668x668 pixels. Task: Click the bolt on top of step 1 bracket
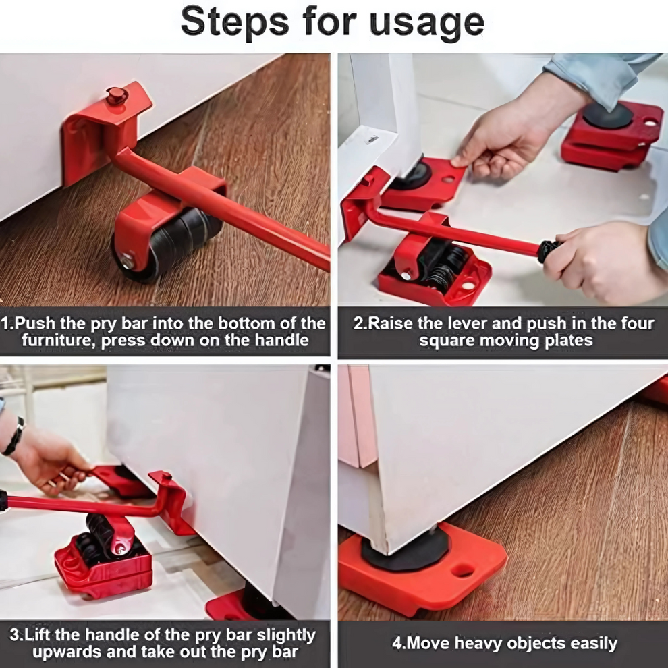tap(116, 95)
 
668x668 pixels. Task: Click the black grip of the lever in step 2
tap(549, 251)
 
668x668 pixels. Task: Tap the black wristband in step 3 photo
tap(13, 437)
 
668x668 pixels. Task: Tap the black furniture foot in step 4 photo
tap(406, 549)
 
